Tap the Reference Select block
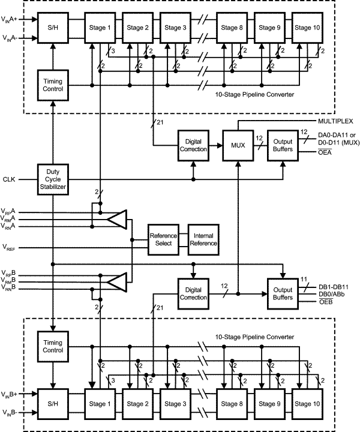164,239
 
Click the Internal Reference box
203,239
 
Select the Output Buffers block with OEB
282,293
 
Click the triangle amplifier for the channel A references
118,219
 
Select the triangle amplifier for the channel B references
118,280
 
